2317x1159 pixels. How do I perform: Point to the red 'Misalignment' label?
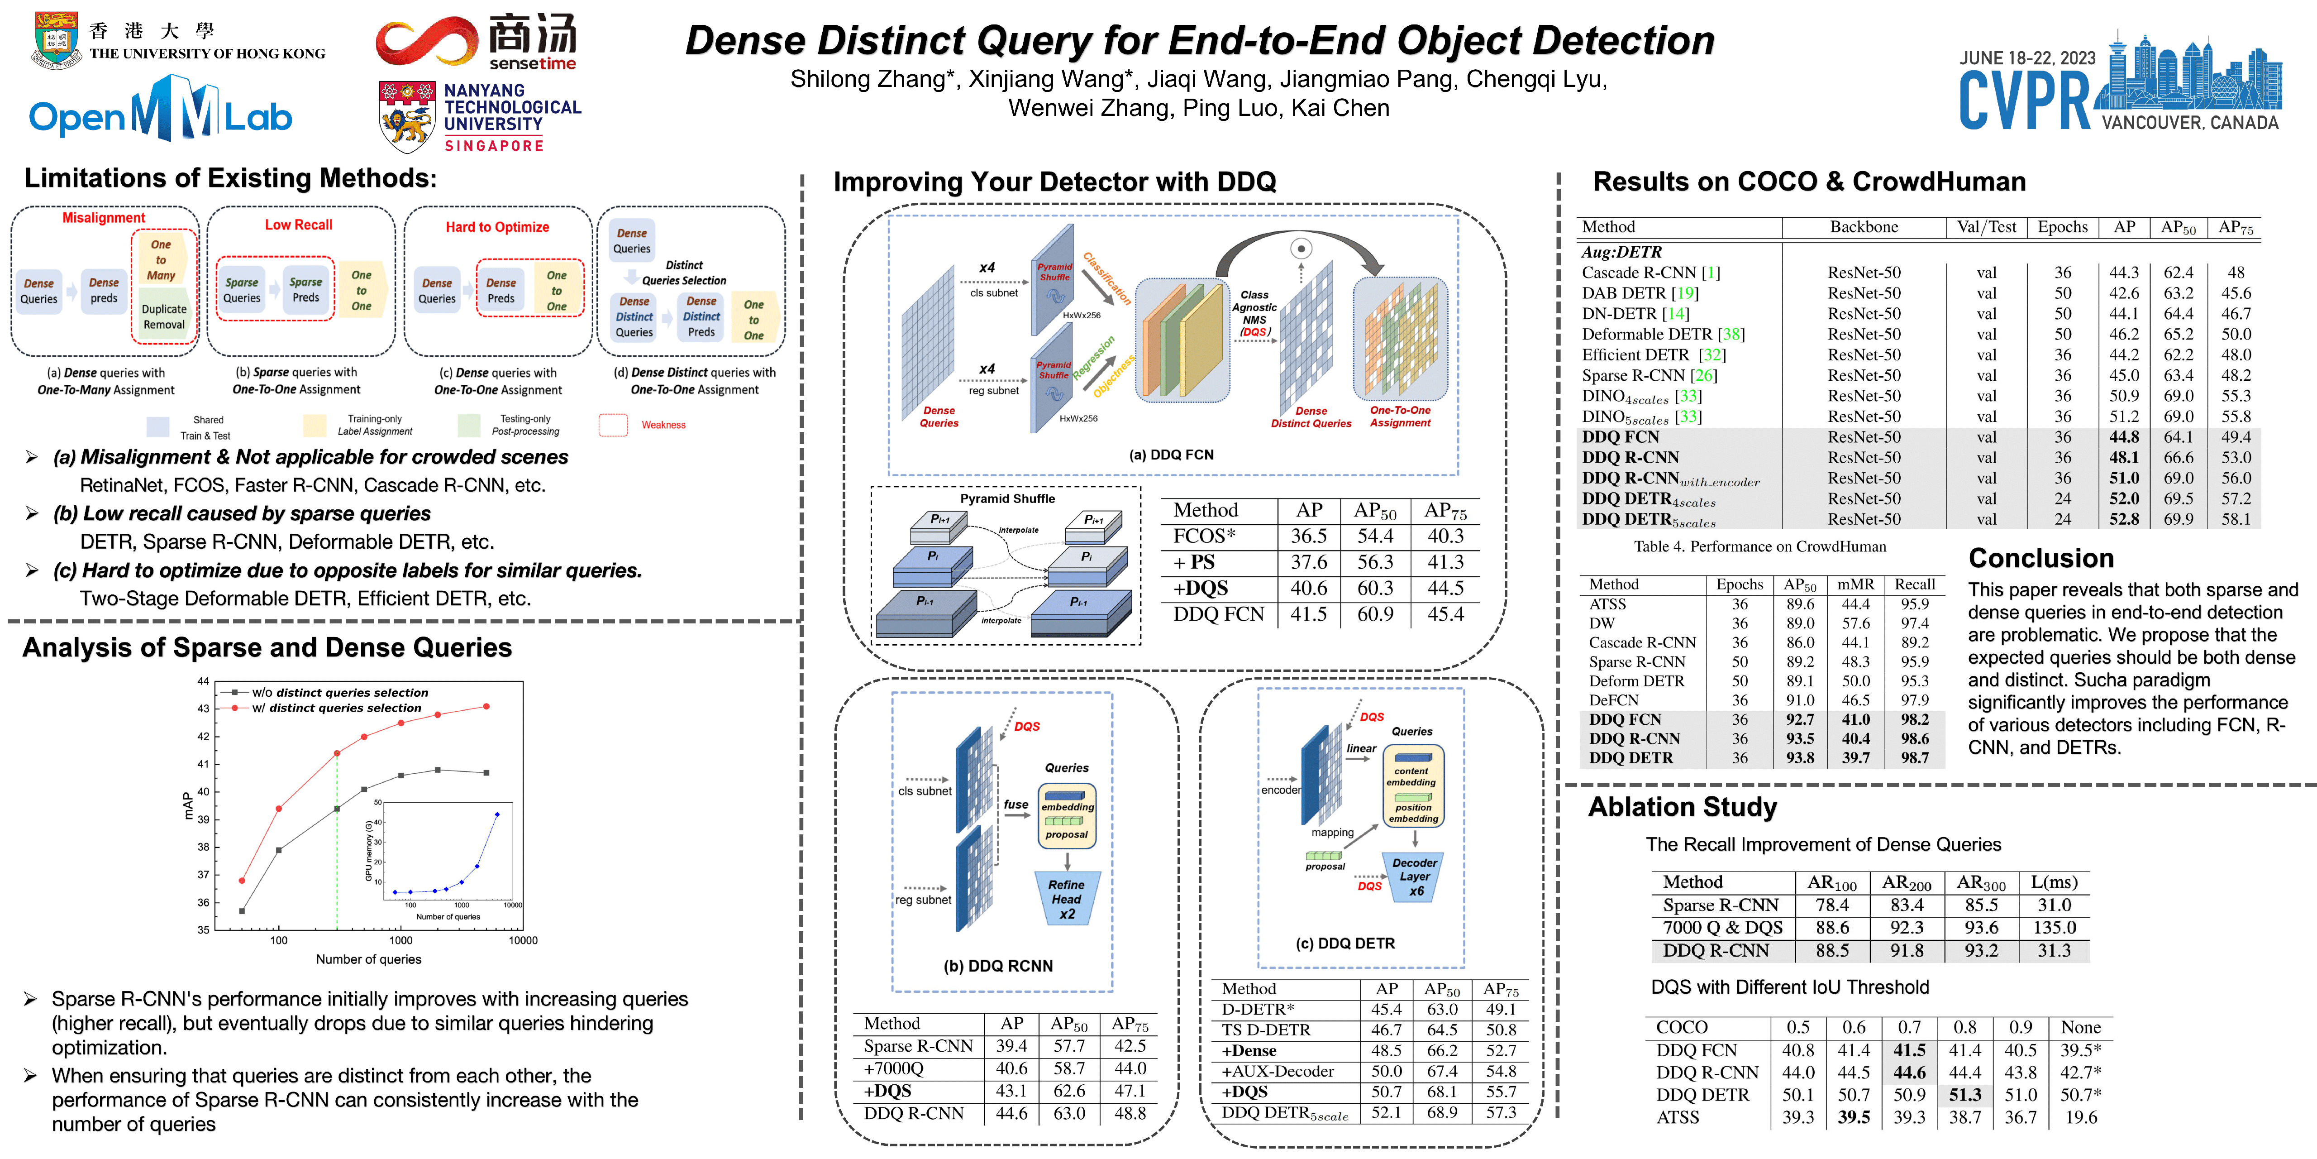104,218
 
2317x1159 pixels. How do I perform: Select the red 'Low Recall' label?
299,225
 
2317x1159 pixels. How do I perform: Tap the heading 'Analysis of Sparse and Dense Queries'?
267,648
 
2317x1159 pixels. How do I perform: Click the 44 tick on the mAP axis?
203,681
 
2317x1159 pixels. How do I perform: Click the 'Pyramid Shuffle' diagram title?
1007,498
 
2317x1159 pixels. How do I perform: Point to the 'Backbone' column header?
1864,227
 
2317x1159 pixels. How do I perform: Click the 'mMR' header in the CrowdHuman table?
1855,584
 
